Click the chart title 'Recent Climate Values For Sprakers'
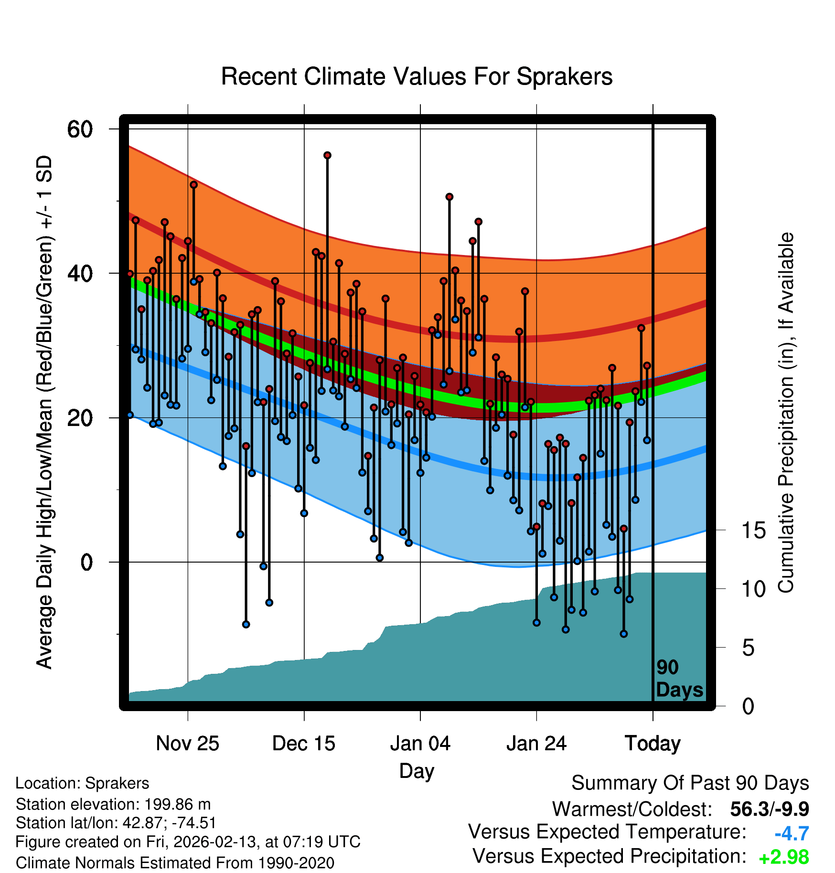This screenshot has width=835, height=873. tap(417, 77)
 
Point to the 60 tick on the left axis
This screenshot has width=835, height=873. tap(80, 129)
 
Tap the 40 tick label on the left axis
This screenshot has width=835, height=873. tap(80, 274)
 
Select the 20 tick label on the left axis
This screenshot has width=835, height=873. tap(80, 418)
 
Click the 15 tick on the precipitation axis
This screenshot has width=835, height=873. tap(754, 530)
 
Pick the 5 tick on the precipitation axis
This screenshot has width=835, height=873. tap(748, 648)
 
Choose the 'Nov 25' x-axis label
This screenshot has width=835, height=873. tap(187, 744)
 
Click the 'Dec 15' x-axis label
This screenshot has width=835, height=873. tap(304, 744)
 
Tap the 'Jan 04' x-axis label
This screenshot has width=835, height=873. tap(420, 744)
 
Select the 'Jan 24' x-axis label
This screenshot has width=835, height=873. tap(536, 744)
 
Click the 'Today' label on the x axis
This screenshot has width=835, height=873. tap(653, 744)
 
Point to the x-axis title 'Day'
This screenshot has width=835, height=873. tap(417, 770)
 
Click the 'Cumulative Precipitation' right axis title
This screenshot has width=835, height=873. tap(786, 413)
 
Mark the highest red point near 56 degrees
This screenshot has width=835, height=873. tap(327, 155)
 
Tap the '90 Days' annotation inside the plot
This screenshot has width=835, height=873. tap(679, 679)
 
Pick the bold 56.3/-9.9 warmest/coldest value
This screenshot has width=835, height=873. tap(770, 809)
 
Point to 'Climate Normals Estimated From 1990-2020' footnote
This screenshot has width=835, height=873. tap(175, 863)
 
